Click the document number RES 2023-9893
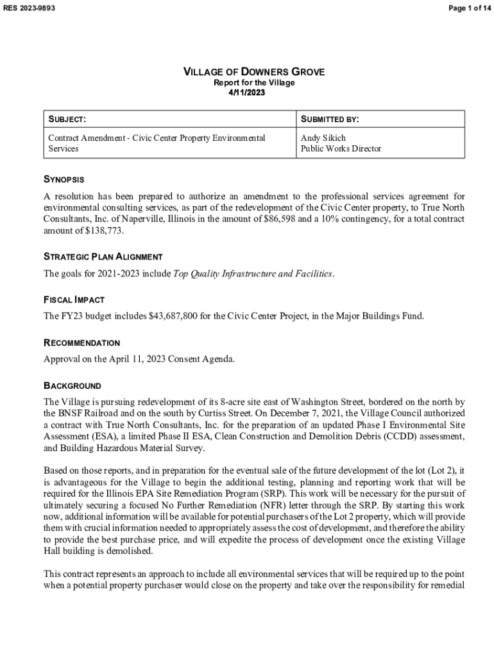tap(29, 8)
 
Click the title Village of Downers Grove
tap(254, 72)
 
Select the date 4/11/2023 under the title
tap(247, 93)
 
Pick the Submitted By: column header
tap(330, 120)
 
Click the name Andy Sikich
tap(323, 138)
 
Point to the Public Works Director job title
tap(341, 148)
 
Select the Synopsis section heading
tap(64, 179)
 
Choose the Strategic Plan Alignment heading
tap(103, 257)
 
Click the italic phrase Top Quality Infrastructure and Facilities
tap(253, 274)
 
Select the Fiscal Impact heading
tap(74, 300)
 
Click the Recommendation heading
tap(81, 343)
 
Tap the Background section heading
tap(72, 386)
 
